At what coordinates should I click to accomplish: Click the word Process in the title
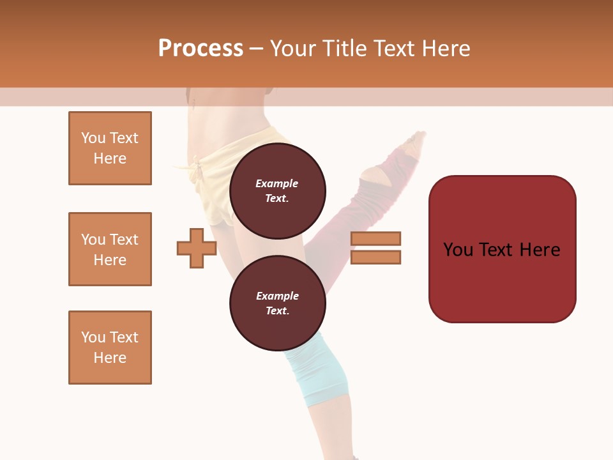tap(201, 49)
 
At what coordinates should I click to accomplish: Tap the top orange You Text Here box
tap(110, 148)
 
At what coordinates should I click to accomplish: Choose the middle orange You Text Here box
tap(110, 249)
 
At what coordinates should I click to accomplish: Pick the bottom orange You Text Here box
tap(110, 348)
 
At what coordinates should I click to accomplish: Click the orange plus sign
tap(197, 248)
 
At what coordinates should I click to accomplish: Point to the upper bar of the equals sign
tap(375, 238)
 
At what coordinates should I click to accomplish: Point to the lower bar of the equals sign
tap(375, 257)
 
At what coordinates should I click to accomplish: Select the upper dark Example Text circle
tap(277, 190)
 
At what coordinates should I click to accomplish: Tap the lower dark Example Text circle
tap(277, 303)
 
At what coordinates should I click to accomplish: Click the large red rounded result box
tap(502, 249)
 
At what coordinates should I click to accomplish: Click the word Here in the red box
tap(540, 250)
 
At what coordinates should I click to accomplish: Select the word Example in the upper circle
tap(277, 184)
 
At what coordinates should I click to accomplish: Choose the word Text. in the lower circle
tap(277, 311)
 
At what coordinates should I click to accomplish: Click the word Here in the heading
tap(446, 49)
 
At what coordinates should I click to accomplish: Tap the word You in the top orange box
tap(93, 138)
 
